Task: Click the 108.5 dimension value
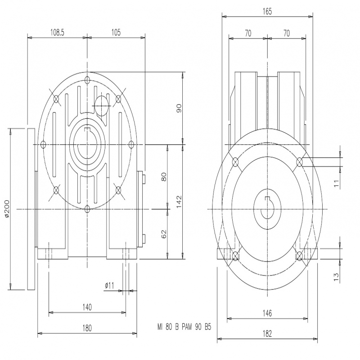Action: (x=57, y=32)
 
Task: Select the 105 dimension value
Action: (x=116, y=32)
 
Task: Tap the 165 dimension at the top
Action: (x=267, y=11)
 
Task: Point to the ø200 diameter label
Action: (x=7, y=208)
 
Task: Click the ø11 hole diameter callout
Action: (x=109, y=286)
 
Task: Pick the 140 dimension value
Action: (x=87, y=307)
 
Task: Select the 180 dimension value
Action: (x=87, y=328)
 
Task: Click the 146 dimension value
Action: (x=267, y=313)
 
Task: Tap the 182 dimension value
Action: (x=267, y=333)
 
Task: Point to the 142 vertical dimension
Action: (x=179, y=202)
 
